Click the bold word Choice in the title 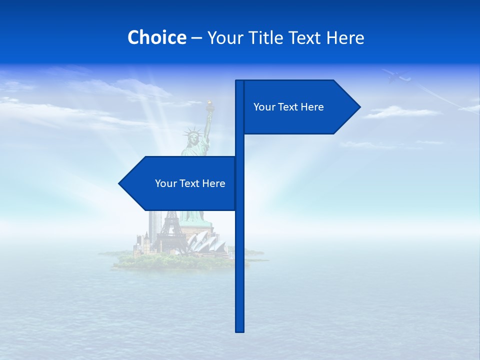click(156, 37)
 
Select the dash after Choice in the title click(196, 38)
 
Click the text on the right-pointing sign click(288, 107)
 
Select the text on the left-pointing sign click(190, 183)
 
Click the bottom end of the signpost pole click(240, 330)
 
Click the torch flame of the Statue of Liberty click(210, 104)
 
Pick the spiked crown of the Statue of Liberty click(191, 134)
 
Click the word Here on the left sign click(213, 183)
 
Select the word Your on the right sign click(263, 107)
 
